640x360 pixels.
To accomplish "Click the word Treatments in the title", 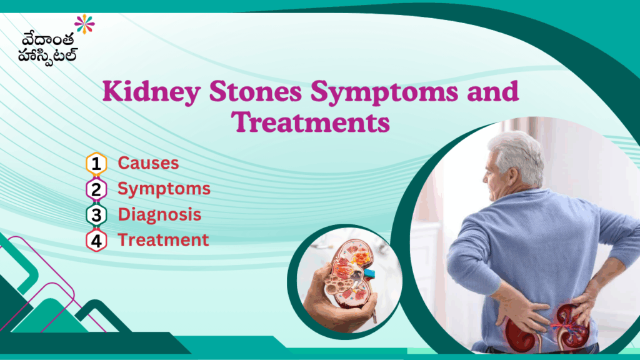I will [x=311, y=122].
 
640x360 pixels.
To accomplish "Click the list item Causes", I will [x=148, y=164].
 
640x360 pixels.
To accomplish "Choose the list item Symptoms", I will [x=164, y=189].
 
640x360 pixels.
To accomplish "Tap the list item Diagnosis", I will [x=159, y=214].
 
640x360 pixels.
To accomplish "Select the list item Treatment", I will [x=163, y=240].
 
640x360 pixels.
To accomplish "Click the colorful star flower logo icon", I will [x=84, y=24].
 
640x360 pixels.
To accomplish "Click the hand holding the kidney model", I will [x=331, y=300].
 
